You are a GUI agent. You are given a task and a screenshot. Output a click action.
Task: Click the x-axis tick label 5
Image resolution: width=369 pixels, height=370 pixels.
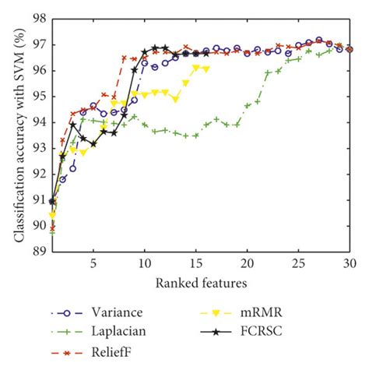(93, 263)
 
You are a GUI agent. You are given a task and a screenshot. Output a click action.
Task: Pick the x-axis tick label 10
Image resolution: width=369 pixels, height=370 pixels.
(145, 263)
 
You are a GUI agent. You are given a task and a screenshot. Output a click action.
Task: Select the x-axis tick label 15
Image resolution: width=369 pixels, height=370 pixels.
(196, 263)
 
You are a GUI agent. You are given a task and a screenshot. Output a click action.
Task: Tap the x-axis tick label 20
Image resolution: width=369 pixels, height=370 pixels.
(248, 263)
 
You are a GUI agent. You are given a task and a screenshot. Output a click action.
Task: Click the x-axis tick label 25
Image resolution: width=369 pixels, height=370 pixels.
(299, 263)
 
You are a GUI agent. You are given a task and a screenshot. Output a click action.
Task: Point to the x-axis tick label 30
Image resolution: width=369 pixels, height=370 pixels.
(350, 263)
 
